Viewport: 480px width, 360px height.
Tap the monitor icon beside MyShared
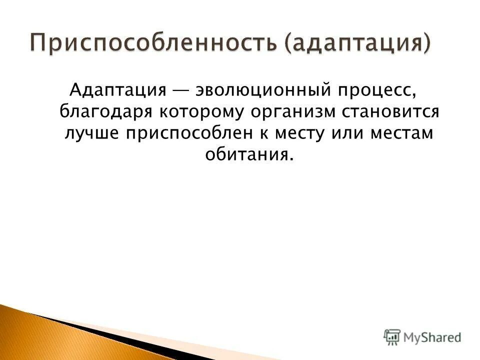(392, 336)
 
